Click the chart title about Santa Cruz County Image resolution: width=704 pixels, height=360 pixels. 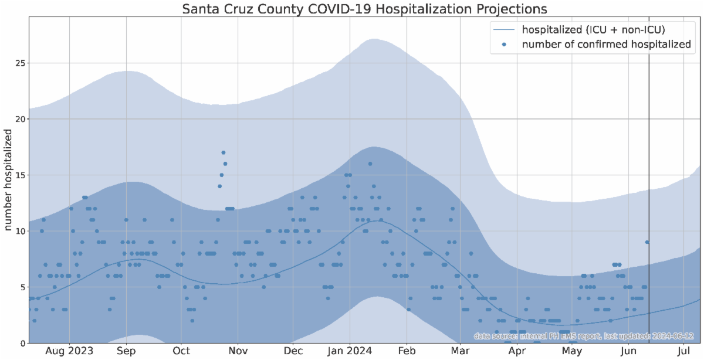(364, 9)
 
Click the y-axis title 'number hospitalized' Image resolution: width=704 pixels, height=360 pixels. (9, 181)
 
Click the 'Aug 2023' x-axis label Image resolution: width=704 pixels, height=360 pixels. (69, 352)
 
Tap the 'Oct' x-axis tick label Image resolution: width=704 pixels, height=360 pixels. (181, 352)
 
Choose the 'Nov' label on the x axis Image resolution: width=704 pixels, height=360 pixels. (238, 352)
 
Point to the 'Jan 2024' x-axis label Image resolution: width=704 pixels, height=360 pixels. (350, 352)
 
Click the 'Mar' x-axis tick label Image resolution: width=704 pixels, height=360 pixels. (461, 352)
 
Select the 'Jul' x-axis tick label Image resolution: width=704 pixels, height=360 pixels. (684, 352)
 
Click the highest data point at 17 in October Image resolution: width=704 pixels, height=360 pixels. (224, 152)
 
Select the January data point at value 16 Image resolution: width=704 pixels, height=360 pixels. (370, 164)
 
